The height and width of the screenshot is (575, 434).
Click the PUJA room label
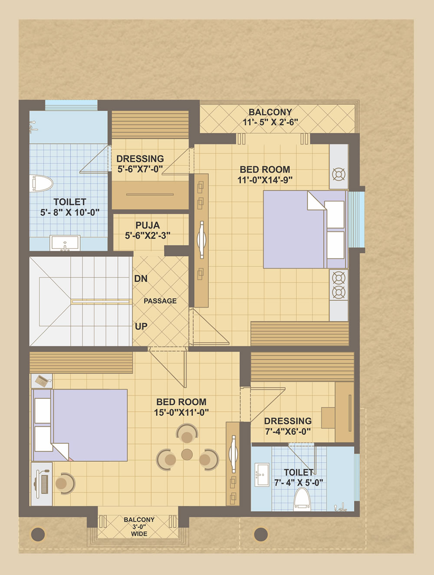(x=148, y=225)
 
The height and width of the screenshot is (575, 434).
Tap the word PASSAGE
(x=160, y=301)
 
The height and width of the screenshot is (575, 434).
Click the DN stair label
(x=141, y=279)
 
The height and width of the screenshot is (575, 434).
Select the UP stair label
(x=141, y=327)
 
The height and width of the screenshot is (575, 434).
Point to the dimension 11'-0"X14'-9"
(x=265, y=180)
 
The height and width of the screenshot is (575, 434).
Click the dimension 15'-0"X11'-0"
(x=181, y=413)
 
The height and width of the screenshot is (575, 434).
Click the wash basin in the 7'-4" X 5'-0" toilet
(x=262, y=475)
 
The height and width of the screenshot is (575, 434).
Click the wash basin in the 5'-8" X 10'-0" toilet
(x=65, y=243)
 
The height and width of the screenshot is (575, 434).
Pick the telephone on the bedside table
(x=42, y=380)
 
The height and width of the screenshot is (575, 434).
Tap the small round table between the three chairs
(x=187, y=454)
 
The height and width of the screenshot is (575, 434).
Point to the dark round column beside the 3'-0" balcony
(x=38, y=534)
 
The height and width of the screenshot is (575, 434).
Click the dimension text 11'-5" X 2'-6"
(x=270, y=122)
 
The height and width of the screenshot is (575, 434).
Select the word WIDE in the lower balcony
(x=139, y=534)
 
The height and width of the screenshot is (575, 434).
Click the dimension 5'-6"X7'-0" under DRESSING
(x=140, y=169)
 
